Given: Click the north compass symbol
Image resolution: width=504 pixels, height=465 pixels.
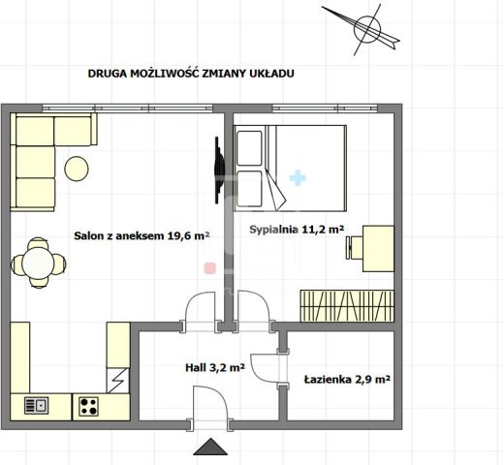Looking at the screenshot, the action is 366,29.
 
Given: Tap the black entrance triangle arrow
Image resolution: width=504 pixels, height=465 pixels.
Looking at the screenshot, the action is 210,447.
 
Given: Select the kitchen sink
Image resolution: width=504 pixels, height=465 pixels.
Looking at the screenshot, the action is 37,406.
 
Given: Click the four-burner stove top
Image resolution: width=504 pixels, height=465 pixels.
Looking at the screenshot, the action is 88,407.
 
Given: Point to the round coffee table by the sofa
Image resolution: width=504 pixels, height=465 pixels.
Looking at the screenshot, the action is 77,169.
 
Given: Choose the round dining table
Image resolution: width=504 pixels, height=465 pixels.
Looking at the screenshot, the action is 38,263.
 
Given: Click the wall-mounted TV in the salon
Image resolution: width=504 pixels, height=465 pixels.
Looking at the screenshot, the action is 220,170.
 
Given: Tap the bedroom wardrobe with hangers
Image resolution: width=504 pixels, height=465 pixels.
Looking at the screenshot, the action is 347,306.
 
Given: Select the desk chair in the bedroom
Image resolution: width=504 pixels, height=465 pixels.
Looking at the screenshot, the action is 354,247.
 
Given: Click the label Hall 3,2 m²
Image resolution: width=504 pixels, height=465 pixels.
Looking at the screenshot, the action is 215,367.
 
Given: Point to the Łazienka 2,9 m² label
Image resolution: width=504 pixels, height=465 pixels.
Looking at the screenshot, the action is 347,379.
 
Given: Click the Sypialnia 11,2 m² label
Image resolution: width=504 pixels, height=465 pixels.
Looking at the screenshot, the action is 297,230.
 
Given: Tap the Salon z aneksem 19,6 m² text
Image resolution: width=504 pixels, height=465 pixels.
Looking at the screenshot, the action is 142,235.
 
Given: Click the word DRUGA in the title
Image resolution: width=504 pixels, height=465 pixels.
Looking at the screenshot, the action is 108,74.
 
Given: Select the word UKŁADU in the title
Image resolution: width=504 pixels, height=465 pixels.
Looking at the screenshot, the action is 271,74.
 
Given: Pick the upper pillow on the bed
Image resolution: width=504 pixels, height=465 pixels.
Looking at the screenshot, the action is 249,148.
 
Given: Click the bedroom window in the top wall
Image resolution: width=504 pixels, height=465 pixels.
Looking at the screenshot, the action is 325,108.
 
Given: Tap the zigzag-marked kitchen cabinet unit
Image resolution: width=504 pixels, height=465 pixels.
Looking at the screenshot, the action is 118,381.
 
